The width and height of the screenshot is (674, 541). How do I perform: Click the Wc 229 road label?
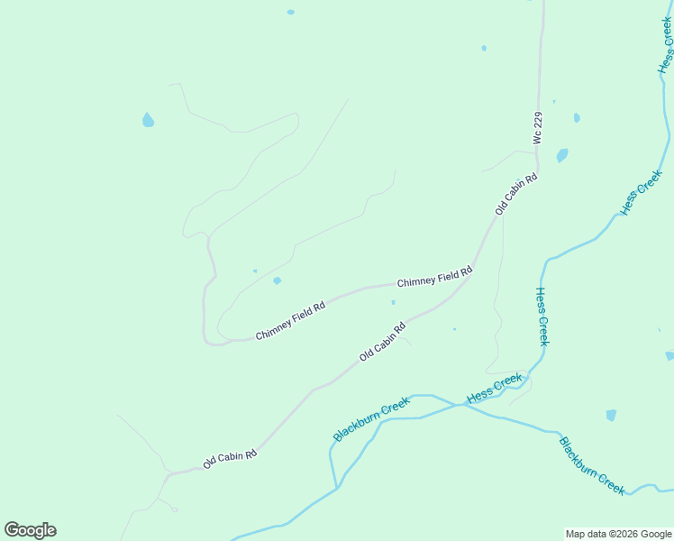pos(538,128)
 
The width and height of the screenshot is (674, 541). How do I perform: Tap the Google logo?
pos(30,530)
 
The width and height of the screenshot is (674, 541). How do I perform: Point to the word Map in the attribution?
pos(576,534)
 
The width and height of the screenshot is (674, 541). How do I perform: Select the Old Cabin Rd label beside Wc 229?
pos(515,193)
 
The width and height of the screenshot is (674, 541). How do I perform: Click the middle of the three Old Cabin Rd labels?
pos(382,342)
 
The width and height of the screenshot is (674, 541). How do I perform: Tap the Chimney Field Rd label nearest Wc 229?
pos(434,277)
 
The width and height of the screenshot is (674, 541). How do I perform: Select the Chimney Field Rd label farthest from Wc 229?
pos(289,321)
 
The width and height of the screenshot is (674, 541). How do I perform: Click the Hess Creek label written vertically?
pos(542,316)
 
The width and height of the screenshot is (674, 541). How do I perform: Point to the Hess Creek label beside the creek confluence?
pos(494,388)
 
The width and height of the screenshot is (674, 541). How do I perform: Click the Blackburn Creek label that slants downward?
pos(591,465)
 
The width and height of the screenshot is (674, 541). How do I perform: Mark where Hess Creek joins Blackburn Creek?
pos(461,405)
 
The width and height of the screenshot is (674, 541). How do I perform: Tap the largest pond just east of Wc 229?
pos(562,155)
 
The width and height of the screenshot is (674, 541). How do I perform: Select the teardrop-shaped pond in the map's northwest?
pos(148,119)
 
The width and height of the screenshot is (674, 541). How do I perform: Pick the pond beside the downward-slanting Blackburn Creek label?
pos(612,415)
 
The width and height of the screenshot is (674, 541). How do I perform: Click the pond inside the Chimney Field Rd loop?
pos(277,280)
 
